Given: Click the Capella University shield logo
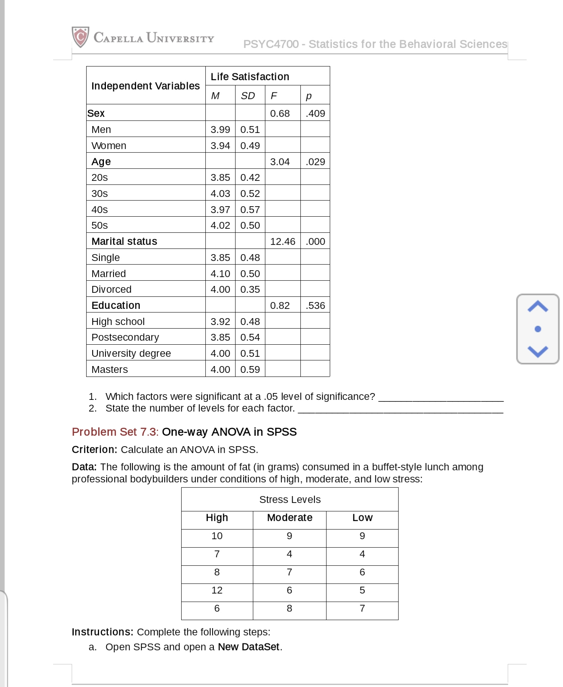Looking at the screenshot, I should pyautogui.click(x=81, y=37).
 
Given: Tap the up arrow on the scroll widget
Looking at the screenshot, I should pyautogui.click(x=538, y=307).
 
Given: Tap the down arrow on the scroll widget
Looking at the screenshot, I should pyautogui.click(x=538, y=351).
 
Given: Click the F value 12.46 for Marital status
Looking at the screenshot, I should pyautogui.click(x=282, y=242).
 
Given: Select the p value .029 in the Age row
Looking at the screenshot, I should pyautogui.click(x=315, y=162).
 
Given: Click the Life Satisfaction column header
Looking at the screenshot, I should pyautogui.click(x=250, y=77).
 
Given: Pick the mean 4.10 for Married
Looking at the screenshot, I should pyautogui.click(x=220, y=274).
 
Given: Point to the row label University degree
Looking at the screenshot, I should pyautogui.click(x=131, y=354).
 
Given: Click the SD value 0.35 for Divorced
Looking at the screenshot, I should pyautogui.click(x=250, y=290).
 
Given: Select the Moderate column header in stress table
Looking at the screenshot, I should pyautogui.click(x=290, y=518).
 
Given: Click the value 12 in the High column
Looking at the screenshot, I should pyautogui.click(x=217, y=590).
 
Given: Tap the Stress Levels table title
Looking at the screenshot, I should pyautogui.click(x=290, y=500).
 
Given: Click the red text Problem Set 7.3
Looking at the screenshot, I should pyautogui.click(x=114, y=432).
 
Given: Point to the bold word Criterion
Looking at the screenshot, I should pyautogui.click(x=94, y=450).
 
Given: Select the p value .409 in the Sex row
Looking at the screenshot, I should pyautogui.click(x=315, y=114).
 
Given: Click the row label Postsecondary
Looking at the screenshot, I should pyautogui.click(x=125, y=337).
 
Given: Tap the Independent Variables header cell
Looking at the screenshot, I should pyautogui.click(x=145, y=86).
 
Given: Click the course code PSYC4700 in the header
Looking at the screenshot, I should pyautogui.click(x=271, y=44).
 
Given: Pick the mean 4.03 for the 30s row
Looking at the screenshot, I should pyautogui.click(x=220, y=194).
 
